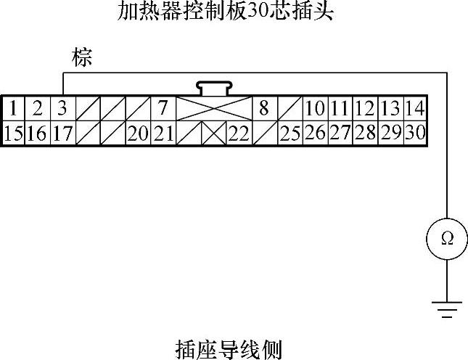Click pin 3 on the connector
pos(62,109)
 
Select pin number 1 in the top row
pos(13,109)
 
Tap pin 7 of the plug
pos(163,109)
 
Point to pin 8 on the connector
pos(264,109)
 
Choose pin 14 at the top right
pos(415,109)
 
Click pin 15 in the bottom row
pos(13,133)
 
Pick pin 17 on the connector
pos(62,133)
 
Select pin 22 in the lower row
pos(239,133)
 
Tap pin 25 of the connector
pos(290,133)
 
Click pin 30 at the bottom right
pos(415,133)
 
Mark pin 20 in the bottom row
pos(138,133)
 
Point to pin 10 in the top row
pos(315,109)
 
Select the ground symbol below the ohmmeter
pos(447,310)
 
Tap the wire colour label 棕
pos(82,59)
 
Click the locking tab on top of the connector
pos(213,88)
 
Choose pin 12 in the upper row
pos(365,109)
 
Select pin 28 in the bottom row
pos(365,133)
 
